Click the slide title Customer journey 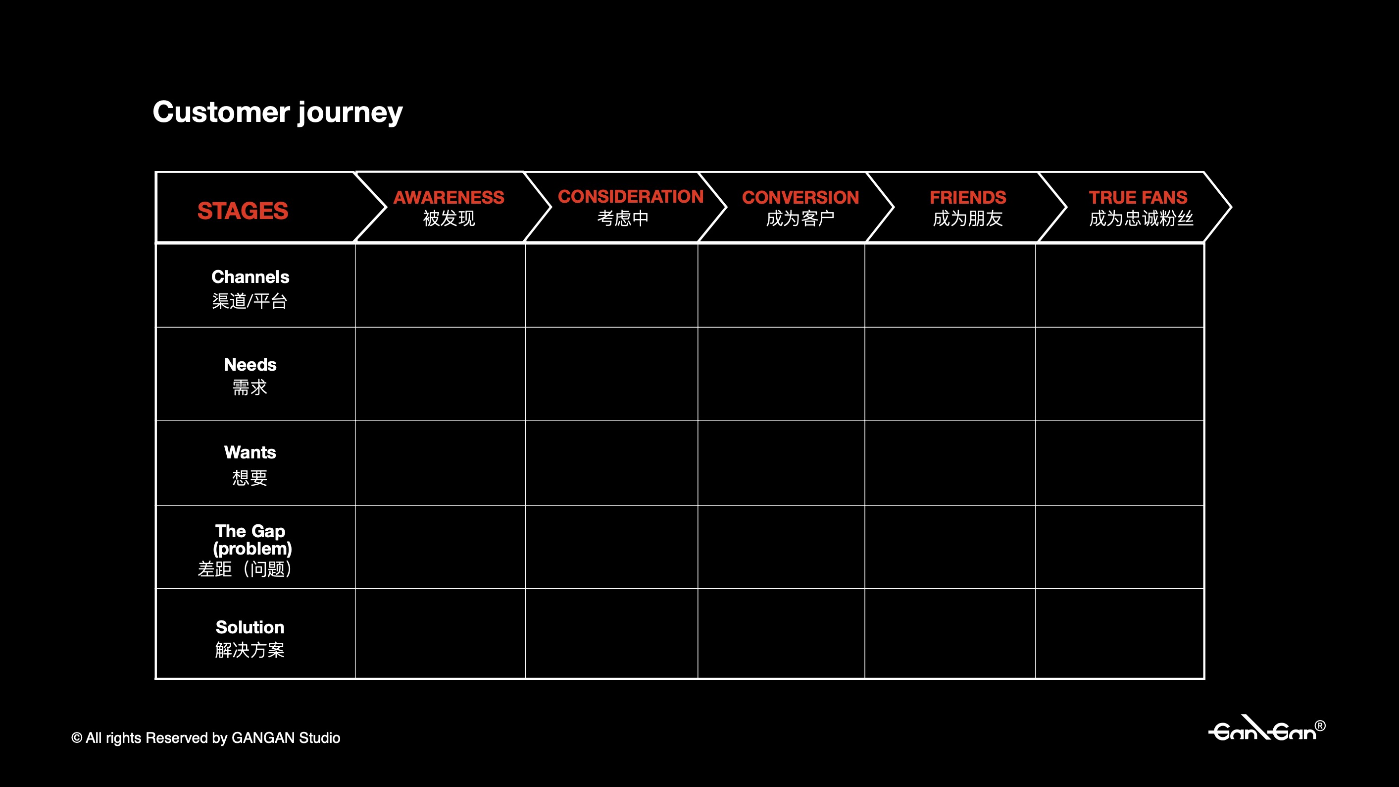click(278, 112)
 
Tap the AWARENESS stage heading click(449, 197)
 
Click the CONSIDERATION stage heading click(631, 196)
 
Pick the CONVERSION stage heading click(800, 197)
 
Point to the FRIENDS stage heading click(968, 197)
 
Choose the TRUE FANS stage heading click(1138, 197)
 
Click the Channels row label click(250, 277)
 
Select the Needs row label click(250, 365)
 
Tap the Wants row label click(250, 452)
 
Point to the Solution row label click(250, 627)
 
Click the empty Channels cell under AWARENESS click(440, 285)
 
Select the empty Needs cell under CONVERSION click(781, 373)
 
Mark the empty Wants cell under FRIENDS click(950, 462)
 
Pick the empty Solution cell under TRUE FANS click(1119, 633)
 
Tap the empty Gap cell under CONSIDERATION click(611, 547)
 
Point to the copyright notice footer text click(206, 737)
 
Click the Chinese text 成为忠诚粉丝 click(1141, 219)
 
